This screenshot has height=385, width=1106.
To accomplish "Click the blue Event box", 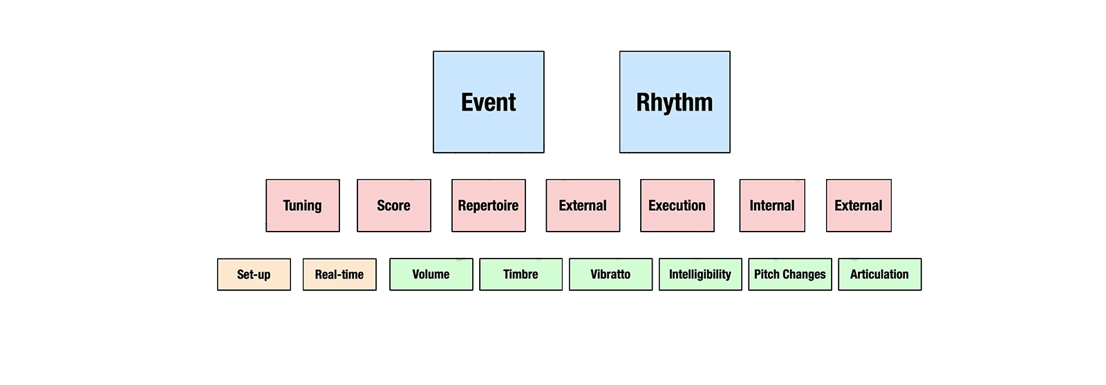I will pyautogui.click(x=488, y=102).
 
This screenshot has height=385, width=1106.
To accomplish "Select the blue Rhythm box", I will pyautogui.click(x=675, y=102).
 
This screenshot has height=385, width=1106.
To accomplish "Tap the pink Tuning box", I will pyautogui.click(x=303, y=205).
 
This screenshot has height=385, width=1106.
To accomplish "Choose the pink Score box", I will pyautogui.click(x=393, y=205).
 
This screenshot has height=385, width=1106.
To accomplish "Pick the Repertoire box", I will pyautogui.click(x=488, y=205).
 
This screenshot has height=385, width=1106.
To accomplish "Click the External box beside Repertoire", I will pyautogui.click(x=583, y=205).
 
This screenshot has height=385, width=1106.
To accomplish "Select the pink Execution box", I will pyautogui.click(x=677, y=205).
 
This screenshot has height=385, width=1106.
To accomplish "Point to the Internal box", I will pyautogui.click(x=772, y=205).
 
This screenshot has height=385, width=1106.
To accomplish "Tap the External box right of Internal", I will pyautogui.click(x=859, y=205).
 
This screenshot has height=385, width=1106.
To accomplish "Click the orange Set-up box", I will pyautogui.click(x=254, y=274).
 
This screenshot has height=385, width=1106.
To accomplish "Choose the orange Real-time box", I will pyautogui.click(x=339, y=274).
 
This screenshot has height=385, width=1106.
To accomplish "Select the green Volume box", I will pyautogui.click(x=431, y=274).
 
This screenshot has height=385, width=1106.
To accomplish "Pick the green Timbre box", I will pyautogui.click(x=521, y=274).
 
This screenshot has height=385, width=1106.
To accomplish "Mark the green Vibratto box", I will pyautogui.click(x=610, y=274).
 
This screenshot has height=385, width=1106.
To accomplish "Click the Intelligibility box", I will pyautogui.click(x=700, y=274).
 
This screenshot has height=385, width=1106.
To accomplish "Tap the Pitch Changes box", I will pyautogui.click(x=790, y=274).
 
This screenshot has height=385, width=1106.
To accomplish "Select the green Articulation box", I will pyautogui.click(x=879, y=274).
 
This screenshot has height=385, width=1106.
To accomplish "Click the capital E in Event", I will pyautogui.click(x=467, y=102).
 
